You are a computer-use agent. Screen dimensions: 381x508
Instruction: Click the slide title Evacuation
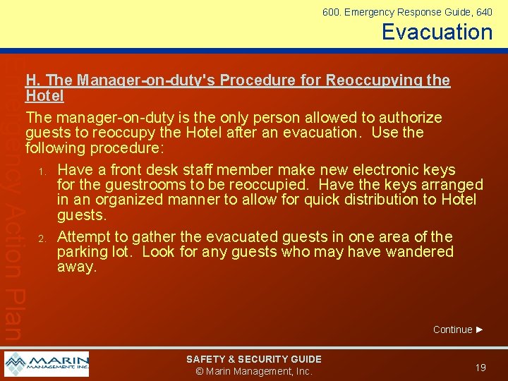pyautogui.click(x=437, y=32)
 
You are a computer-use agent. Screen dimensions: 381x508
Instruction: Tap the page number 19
pyautogui.click(x=480, y=368)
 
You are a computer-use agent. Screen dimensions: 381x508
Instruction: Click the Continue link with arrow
pyautogui.click(x=458, y=329)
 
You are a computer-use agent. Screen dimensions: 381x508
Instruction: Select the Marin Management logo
pyautogui.click(x=47, y=364)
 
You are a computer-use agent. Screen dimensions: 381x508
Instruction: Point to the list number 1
pyautogui.click(x=43, y=171)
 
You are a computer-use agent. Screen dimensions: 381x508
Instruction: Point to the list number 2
pyautogui.click(x=43, y=238)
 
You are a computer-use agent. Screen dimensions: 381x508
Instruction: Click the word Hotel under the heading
pyautogui.click(x=44, y=95)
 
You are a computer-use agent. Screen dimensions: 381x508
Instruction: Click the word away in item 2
pyautogui.click(x=76, y=267)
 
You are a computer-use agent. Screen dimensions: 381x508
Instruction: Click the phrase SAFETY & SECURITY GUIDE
pyautogui.click(x=253, y=359)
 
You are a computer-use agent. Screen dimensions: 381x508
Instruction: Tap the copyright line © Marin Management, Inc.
pyautogui.click(x=253, y=371)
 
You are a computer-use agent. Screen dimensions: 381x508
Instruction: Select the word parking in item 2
pyautogui.click(x=86, y=252)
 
